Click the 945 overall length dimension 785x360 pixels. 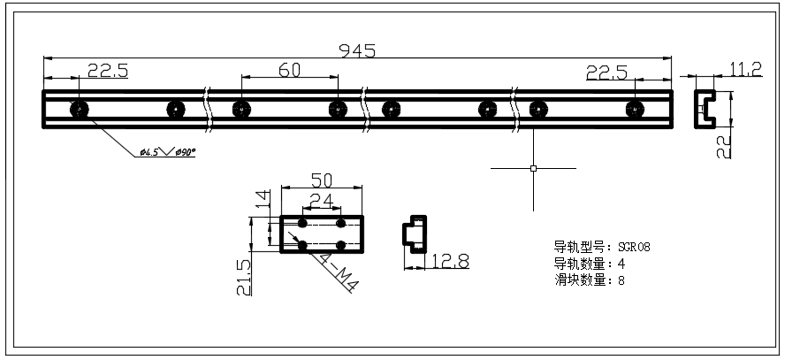pyautogui.click(x=357, y=50)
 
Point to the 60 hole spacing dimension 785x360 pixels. pyautogui.click(x=288, y=71)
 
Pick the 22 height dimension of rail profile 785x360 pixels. pyautogui.click(x=724, y=141)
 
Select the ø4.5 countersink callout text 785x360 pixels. pyautogui.click(x=168, y=153)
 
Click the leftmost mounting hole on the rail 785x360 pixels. pyautogui.click(x=79, y=109)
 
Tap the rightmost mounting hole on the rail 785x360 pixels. pyautogui.click(x=633, y=109)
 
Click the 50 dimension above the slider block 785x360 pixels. pyautogui.click(x=321, y=180)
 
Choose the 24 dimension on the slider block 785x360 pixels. pyautogui.click(x=322, y=202)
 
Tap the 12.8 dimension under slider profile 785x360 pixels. pyautogui.click(x=451, y=261)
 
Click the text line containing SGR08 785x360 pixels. pyautogui.click(x=602, y=247)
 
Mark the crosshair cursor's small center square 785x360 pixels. pyautogui.click(x=533, y=167)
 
